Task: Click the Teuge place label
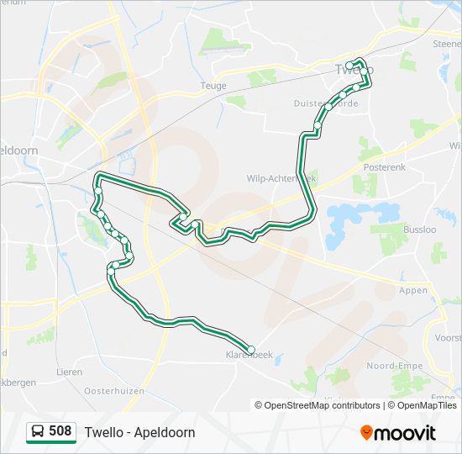(x=214, y=86)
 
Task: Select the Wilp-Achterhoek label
(x=281, y=178)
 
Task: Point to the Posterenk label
(x=384, y=168)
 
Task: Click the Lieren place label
(x=69, y=371)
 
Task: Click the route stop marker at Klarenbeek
(x=250, y=350)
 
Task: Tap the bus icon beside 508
(x=38, y=432)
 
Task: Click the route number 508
(x=60, y=431)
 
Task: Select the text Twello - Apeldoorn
(x=139, y=432)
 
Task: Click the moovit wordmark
(x=406, y=433)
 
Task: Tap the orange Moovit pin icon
(x=367, y=433)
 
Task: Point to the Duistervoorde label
(x=326, y=103)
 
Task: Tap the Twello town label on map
(x=353, y=68)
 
